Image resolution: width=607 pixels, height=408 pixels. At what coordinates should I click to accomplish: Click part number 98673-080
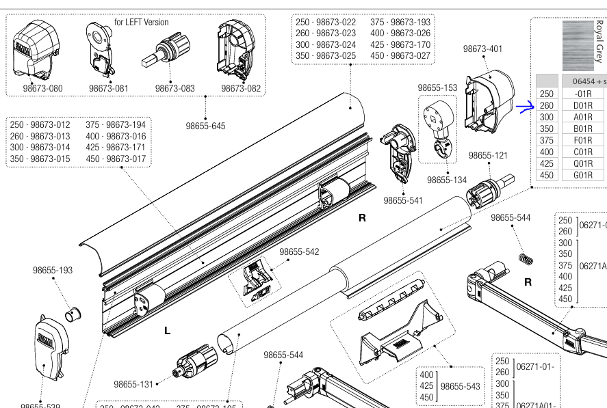coord(42,88)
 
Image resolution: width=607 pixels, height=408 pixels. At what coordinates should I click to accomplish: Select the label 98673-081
coord(108,88)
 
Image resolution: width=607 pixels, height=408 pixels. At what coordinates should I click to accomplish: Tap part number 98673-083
coord(175,88)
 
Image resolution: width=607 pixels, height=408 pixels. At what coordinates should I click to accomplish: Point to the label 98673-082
coord(240,88)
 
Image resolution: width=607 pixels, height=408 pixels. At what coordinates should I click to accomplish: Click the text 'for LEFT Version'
coord(141,22)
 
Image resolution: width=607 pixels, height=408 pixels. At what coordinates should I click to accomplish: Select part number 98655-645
coord(205,126)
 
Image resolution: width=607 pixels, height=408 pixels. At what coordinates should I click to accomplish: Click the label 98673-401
coord(482,49)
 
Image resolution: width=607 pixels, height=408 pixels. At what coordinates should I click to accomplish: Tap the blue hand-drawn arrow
coord(524,107)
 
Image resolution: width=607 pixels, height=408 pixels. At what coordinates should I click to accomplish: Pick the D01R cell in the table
coord(583,105)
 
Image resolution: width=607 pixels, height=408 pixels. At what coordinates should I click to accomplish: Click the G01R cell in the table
coord(583,175)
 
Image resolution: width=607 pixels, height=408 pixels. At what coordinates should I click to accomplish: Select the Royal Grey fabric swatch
coord(577,45)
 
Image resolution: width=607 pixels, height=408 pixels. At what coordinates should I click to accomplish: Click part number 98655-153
coord(437,87)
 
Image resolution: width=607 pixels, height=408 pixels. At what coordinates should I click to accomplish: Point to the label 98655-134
coord(447,180)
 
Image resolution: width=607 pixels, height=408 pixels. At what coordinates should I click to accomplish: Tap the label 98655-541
coord(403,200)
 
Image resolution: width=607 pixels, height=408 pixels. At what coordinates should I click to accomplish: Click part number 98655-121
coord(488,155)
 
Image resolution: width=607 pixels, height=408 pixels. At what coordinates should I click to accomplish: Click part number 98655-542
coord(299,251)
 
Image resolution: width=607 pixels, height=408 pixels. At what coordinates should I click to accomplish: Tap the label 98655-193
coord(53,270)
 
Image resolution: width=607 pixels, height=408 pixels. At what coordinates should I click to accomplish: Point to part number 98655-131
coord(133,384)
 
